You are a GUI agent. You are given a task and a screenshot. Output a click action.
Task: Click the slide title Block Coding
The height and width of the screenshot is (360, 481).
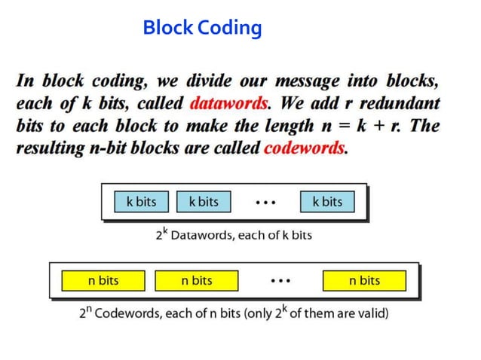tap(202, 29)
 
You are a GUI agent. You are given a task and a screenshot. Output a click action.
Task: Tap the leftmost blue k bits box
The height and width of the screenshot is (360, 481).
tap(141, 202)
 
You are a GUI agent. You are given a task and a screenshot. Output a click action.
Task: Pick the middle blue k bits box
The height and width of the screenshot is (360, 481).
tap(204, 202)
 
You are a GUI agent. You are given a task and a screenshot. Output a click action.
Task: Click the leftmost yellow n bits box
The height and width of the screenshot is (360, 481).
tap(103, 281)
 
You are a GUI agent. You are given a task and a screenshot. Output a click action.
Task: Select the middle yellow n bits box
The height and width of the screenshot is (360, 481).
tap(196, 281)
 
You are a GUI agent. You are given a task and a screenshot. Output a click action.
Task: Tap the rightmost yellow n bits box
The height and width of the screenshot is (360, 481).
tap(364, 281)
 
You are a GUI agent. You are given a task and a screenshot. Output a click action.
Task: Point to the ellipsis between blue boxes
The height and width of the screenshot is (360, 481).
tap(265, 203)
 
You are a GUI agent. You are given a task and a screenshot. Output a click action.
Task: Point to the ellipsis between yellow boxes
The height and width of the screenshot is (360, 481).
tap(280, 281)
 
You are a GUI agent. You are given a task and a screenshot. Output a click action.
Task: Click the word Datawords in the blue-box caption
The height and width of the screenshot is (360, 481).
tap(203, 235)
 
